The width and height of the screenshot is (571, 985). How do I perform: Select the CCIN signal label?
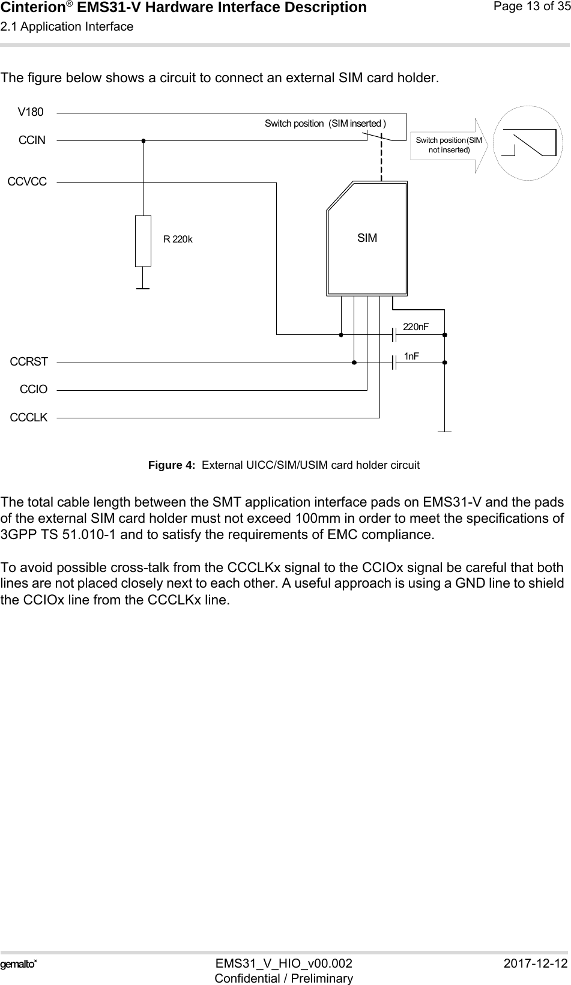coord(32,140)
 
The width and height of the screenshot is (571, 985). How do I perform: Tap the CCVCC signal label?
coord(27,181)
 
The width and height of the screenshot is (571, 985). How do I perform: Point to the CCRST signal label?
coord(29,362)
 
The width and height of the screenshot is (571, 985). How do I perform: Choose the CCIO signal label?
coord(34,390)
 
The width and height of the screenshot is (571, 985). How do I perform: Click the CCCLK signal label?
coord(29,417)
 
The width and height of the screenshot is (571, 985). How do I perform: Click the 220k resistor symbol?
coord(143,240)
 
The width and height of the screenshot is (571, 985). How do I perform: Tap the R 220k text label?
coord(178,239)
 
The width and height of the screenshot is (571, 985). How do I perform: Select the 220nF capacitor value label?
coord(415,327)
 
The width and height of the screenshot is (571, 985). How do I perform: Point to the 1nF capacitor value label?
coord(412,357)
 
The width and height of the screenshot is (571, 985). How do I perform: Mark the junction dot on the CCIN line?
coord(144,140)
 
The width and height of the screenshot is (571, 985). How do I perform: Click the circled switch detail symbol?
coord(523,142)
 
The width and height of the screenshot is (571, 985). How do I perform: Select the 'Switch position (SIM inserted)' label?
coord(326,124)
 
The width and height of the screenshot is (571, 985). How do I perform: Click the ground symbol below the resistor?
coord(143,288)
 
